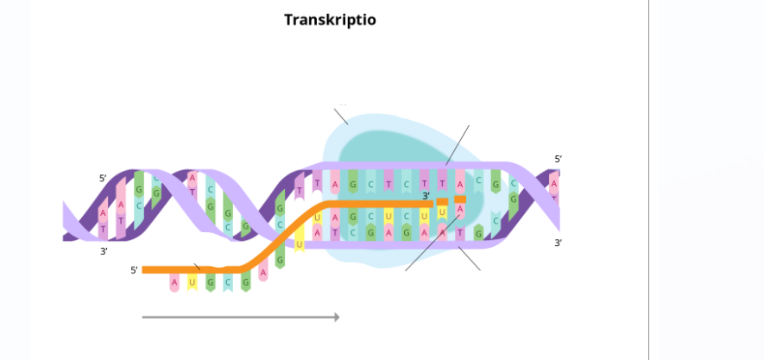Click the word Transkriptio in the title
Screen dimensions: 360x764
[x=330, y=19]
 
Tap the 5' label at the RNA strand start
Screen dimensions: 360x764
[x=134, y=270]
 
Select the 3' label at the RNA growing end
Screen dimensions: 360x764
[x=426, y=196]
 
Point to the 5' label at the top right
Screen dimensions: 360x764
[x=558, y=159]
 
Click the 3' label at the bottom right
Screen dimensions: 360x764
[x=558, y=243]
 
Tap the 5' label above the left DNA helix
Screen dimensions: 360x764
[x=103, y=178]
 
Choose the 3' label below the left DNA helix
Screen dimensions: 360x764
[x=104, y=251]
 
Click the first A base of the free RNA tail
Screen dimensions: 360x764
[x=174, y=281]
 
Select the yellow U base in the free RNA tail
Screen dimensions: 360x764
[x=193, y=281]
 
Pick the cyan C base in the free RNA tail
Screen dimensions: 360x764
[x=228, y=281]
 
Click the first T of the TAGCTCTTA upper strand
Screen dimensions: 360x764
[x=318, y=184]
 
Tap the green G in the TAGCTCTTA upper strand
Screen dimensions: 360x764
[x=353, y=184]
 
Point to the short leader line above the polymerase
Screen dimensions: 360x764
[x=342, y=116]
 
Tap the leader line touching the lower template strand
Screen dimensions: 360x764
[x=470, y=258]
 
